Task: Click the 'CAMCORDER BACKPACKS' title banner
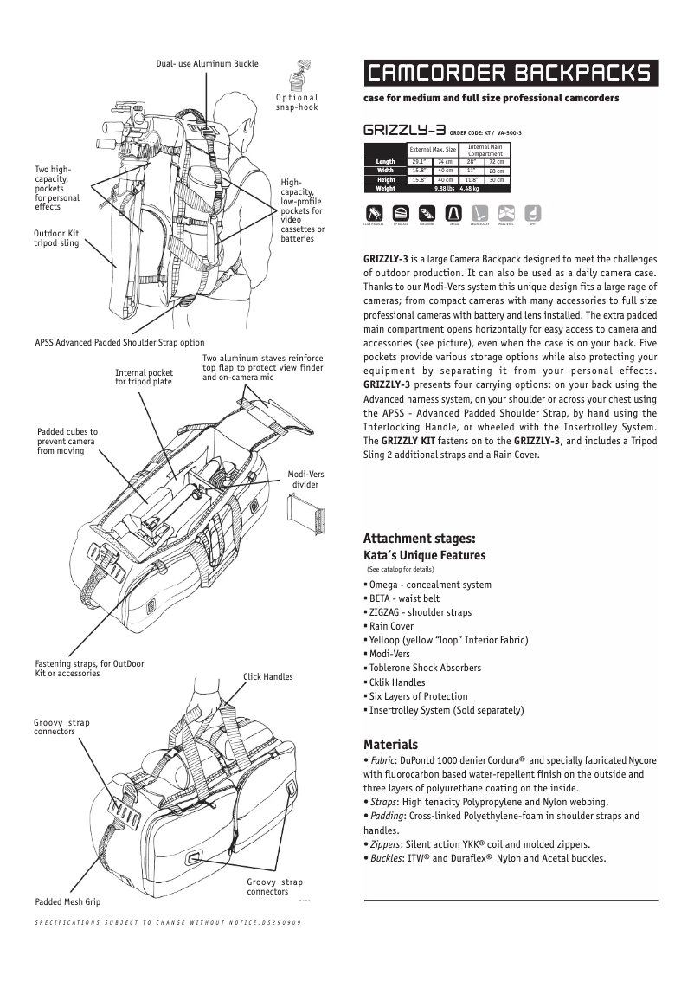(x=510, y=73)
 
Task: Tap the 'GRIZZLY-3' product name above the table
(x=404, y=131)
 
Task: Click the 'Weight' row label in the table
(x=385, y=188)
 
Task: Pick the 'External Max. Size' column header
(x=432, y=150)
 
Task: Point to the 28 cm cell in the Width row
(x=497, y=171)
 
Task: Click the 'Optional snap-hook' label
(x=297, y=102)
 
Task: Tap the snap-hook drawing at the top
(x=305, y=73)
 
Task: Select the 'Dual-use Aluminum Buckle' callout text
(x=208, y=64)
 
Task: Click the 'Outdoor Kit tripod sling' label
(x=56, y=238)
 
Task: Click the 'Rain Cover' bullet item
(x=391, y=626)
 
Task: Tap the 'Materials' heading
(x=390, y=744)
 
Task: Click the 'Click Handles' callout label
(x=267, y=676)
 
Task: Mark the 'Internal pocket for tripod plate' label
(x=144, y=377)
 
